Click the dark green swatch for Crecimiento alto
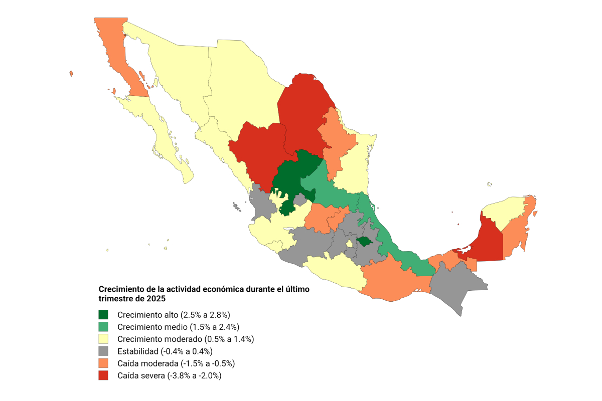click(103, 315)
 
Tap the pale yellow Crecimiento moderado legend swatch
click(103, 339)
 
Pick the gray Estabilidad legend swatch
click(103, 351)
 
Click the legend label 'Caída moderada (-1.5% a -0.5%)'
click(176, 363)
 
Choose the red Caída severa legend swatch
click(103, 375)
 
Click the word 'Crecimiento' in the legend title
click(121, 289)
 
